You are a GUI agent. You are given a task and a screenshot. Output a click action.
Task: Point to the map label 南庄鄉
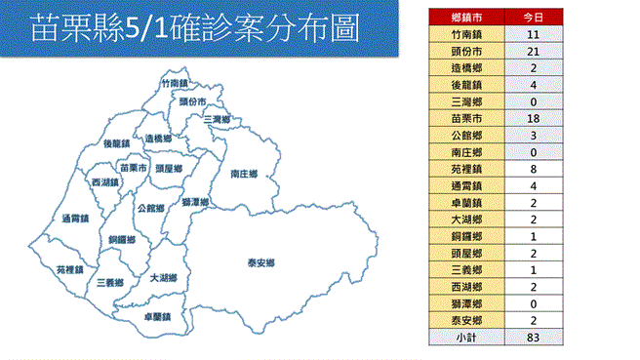244,174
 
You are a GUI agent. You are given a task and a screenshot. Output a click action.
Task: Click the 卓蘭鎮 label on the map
156,316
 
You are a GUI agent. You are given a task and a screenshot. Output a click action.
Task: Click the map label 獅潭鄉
195,202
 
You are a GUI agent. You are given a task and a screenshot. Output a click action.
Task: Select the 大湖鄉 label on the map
163,278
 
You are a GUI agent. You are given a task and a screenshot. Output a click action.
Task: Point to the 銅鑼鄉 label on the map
122,239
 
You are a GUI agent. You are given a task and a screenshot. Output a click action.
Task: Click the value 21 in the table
534,51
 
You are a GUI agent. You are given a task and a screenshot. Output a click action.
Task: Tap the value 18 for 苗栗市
534,116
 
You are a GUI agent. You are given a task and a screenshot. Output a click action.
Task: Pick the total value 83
534,337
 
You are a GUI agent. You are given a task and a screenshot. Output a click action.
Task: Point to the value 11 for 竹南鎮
534,34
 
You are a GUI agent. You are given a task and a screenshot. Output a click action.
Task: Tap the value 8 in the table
534,167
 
